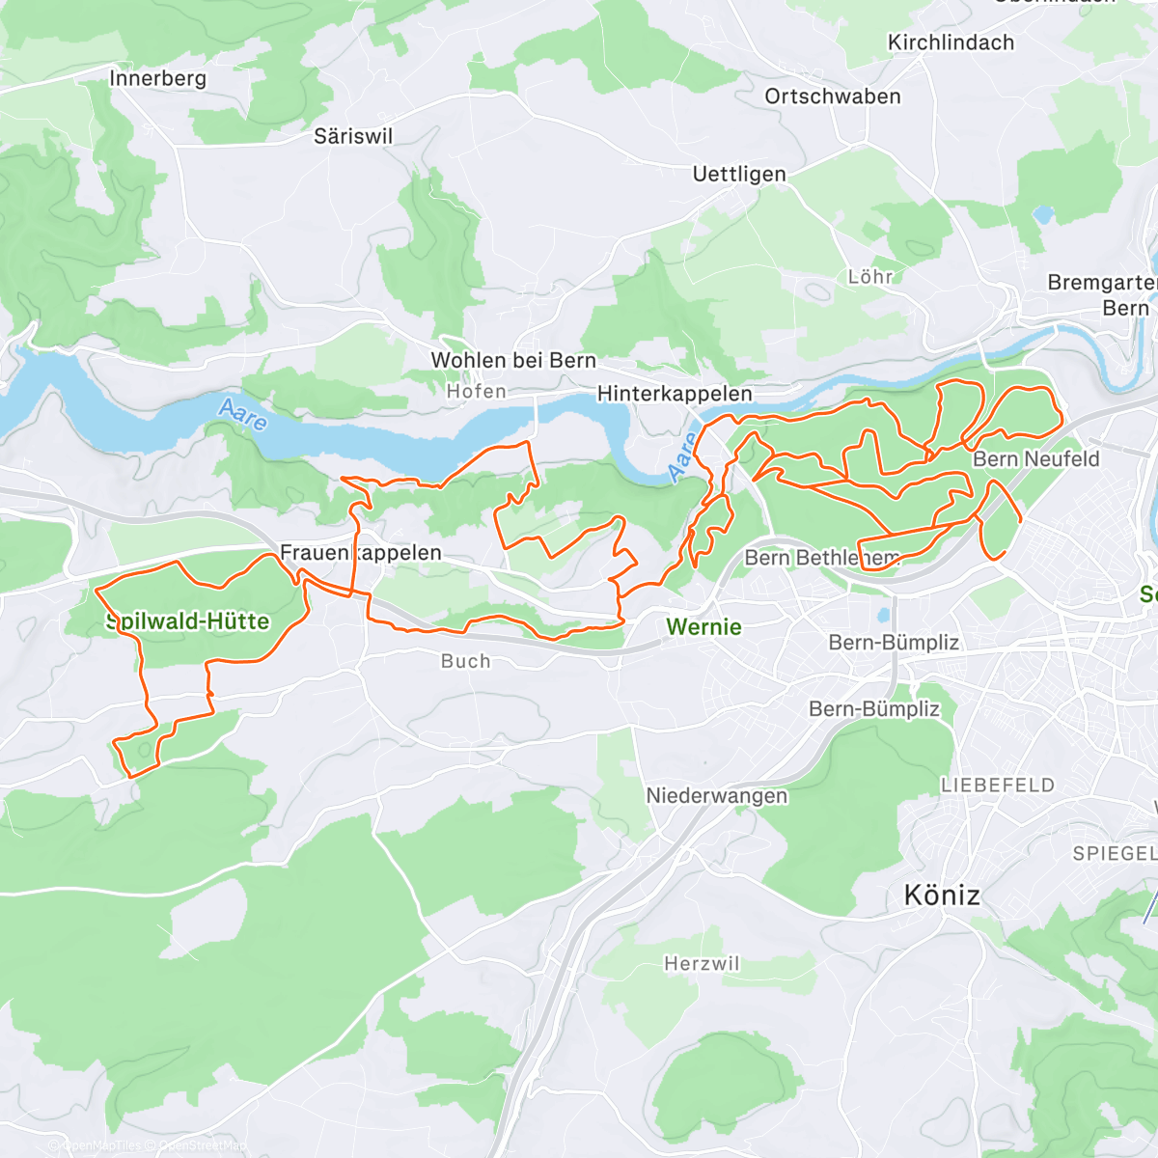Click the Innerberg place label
158,78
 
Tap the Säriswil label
353,136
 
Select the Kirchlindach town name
951,42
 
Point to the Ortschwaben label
833,96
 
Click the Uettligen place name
739,174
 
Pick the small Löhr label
870,277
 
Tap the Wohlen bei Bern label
513,360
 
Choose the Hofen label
476,391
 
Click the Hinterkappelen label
675,394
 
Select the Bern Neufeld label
1036,459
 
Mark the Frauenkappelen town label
361,553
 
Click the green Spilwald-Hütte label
187,621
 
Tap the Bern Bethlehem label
821,558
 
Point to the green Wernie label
703,627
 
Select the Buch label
465,661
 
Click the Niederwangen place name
717,796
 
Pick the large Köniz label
942,896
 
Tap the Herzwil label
702,964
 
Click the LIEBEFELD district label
998,786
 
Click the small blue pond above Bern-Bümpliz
883,614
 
